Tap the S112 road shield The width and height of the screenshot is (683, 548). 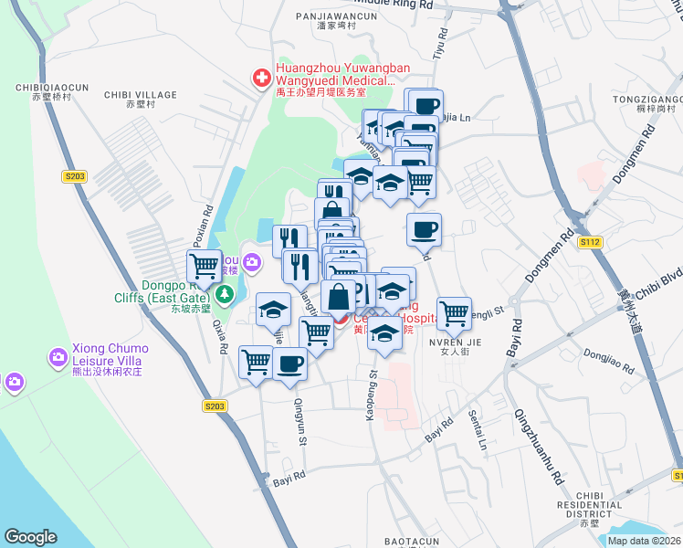pos(590,242)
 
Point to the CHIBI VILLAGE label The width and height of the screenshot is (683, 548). pos(141,94)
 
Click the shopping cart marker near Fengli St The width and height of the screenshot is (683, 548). pos(454,313)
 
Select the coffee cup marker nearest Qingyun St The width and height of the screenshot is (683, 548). pos(290,363)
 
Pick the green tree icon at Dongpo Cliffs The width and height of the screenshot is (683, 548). pos(222,295)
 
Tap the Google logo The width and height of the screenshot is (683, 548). pos(30,537)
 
